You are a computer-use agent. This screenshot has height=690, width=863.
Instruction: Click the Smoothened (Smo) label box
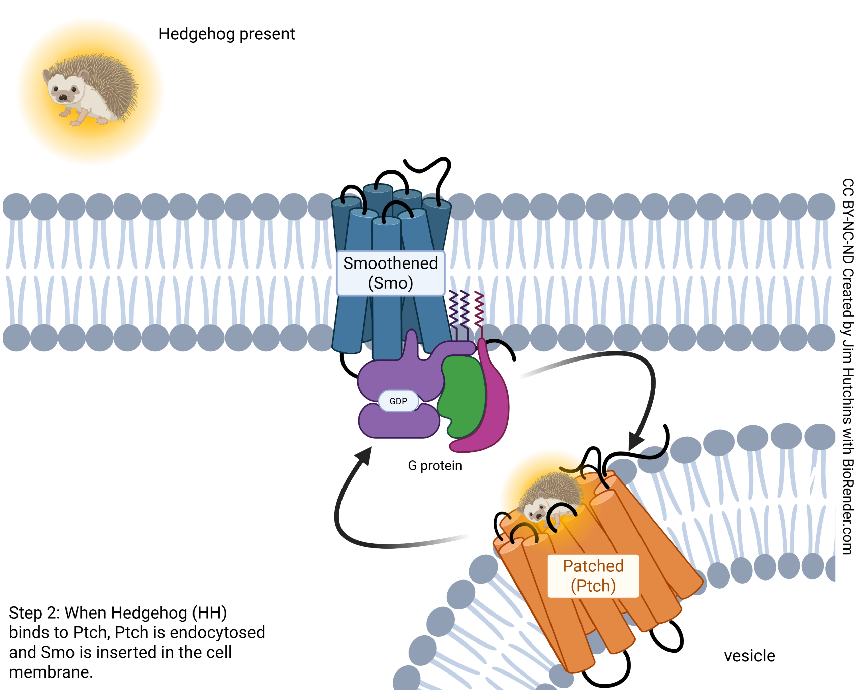[x=390, y=273]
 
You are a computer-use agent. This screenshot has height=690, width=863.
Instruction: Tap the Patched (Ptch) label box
[x=593, y=576]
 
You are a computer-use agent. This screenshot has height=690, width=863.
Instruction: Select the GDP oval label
[x=398, y=401]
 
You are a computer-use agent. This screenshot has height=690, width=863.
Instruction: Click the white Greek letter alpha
[x=655, y=422]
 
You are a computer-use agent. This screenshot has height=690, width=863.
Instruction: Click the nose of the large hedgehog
[x=63, y=97]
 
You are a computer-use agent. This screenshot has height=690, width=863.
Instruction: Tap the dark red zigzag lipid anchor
[x=479, y=310]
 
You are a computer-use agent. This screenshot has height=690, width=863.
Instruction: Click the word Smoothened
[x=390, y=263]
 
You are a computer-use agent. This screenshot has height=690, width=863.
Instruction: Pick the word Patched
[x=593, y=566]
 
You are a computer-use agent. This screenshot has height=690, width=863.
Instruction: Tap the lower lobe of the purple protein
[x=398, y=424]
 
